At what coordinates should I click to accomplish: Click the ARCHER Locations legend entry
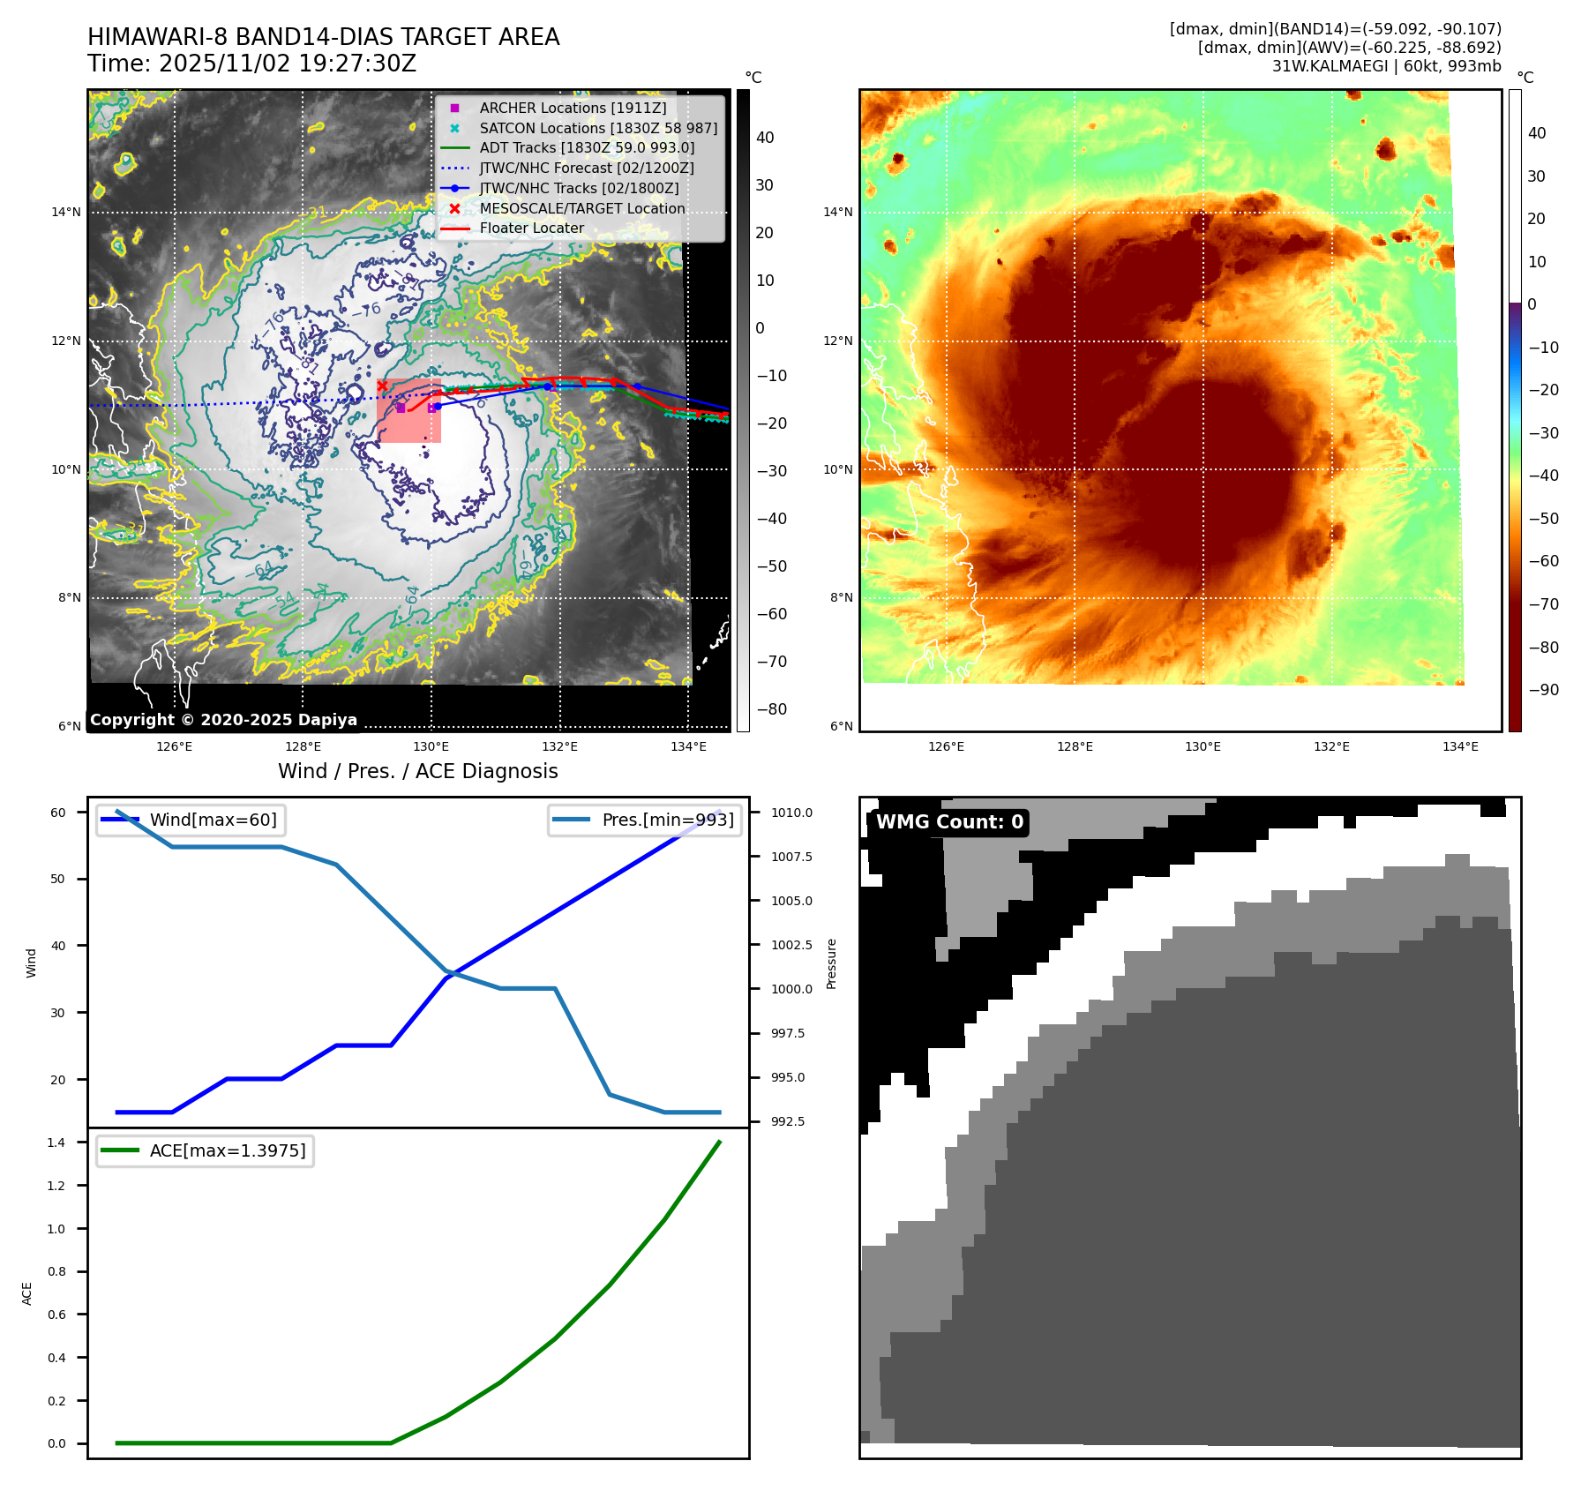tap(573, 108)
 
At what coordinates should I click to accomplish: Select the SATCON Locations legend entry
tap(598, 128)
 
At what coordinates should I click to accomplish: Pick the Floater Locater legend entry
tap(531, 228)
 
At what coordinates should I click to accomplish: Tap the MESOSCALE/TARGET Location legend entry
tap(582, 208)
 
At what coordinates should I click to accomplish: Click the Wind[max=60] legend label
tap(213, 820)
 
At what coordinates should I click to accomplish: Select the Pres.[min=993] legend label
tap(667, 820)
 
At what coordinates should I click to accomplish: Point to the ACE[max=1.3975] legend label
tap(228, 1150)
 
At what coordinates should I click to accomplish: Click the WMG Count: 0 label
tap(949, 822)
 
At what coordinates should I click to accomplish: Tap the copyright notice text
tap(223, 720)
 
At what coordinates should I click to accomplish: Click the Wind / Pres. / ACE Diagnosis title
tap(417, 771)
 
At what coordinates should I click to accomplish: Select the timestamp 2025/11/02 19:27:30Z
tap(288, 64)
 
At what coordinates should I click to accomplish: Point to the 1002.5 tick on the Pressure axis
tap(791, 945)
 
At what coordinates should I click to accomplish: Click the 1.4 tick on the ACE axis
tap(56, 1143)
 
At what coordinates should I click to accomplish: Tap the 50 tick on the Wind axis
tap(57, 879)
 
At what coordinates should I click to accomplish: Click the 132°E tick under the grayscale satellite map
tap(559, 746)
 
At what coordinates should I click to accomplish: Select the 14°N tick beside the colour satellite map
tap(837, 212)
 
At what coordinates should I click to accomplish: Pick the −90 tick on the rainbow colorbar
tap(1543, 690)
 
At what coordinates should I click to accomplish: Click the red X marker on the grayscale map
tap(382, 386)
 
